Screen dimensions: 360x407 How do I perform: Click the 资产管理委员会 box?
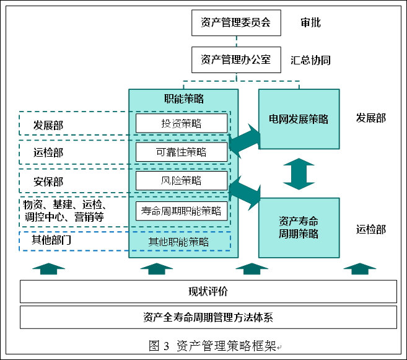pos(235,24)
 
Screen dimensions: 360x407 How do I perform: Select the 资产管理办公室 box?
pos(235,60)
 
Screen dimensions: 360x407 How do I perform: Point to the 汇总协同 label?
pos(310,60)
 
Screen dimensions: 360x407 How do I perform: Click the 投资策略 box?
pos(182,123)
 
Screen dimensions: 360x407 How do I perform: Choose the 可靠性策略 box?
pos(182,152)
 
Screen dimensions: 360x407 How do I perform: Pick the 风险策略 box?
pos(182,181)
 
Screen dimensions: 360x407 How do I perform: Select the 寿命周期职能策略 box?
pos(182,211)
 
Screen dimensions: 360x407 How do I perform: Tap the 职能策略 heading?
pos(183,99)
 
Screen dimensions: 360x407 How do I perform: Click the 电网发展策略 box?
pos(299,119)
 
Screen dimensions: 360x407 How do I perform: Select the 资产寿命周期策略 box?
pos(299,227)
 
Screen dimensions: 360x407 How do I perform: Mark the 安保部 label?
pos(48,182)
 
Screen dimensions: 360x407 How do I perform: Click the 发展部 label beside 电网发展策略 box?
pos(370,118)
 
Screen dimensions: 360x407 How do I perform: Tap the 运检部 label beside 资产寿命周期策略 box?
pos(370,229)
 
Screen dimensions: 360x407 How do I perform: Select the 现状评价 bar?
pos(208,291)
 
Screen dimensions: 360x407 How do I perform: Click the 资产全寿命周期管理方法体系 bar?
pos(208,317)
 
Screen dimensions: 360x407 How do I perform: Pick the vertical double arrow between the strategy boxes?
pos(299,173)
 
